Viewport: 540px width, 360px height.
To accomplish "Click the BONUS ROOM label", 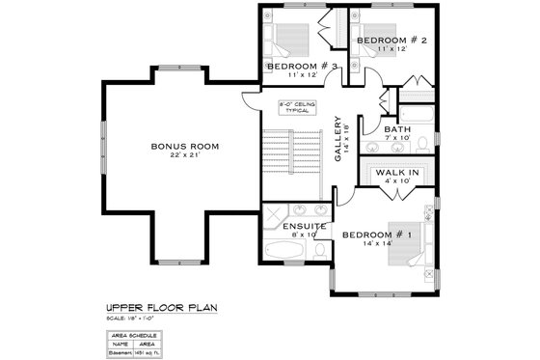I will [185, 147].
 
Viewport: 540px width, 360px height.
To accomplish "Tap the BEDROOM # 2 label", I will [392, 41].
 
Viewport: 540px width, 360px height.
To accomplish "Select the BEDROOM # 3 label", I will [301, 66].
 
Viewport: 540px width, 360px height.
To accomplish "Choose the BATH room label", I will [398, 129].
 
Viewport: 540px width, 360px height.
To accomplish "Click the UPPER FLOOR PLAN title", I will [162, 308].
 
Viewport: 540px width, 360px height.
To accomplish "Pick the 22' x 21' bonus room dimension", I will [185, 156].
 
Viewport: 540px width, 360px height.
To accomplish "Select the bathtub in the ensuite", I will [283, 254].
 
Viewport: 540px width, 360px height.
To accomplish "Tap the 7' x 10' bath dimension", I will [398, 139].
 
